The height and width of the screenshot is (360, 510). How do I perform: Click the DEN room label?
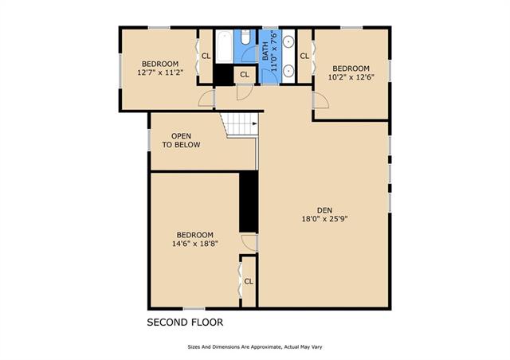click(x=324, y=210)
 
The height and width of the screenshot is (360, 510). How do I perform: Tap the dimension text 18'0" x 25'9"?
click(x=324, y=219)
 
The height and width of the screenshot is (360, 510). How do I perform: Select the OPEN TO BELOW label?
click(x=181, y=140)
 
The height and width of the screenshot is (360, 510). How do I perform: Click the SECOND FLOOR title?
click(x=185, y=323)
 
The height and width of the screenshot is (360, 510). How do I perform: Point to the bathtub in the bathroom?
click(x=224, y=46)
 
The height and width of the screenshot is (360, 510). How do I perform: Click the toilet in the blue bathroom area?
click(x=245, y=37)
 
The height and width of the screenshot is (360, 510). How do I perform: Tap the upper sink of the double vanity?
click(x=288, y=41)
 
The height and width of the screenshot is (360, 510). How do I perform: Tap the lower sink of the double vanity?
click(x=288, y=70)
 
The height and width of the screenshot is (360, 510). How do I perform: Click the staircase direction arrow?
click(x=255, y=123)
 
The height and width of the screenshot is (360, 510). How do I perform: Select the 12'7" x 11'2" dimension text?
click(x=160, y=72)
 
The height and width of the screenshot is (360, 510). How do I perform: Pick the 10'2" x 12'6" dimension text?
click(x=351, y=77)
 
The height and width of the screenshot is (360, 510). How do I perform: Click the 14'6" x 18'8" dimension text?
click(x=194, y=243)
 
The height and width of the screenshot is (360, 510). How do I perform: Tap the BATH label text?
click(x=265, y=51)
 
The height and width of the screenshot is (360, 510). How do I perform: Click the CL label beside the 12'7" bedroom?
click(x=206, y=56)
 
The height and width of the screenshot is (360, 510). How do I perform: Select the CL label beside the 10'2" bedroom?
click(x=304, y=56)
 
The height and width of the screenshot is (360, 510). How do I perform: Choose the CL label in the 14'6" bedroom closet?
click(x=249, y=281)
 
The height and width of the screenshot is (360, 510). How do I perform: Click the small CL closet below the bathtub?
click(x=245, y=75)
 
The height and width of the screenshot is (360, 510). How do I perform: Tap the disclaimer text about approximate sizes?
click(x=255, y=347)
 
